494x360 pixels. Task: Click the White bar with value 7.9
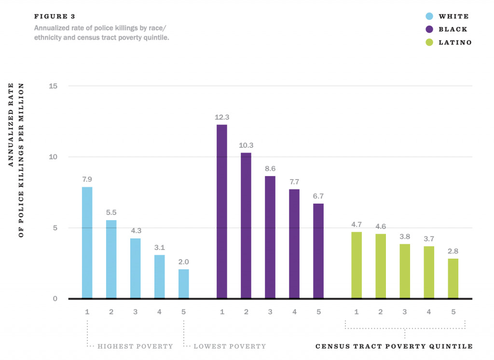click(x=87, y=242)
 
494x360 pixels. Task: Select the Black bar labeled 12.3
click(x=222, y=211)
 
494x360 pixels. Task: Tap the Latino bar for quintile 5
click(x=453, y=278)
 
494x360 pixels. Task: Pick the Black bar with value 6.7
click(x=318, y=251)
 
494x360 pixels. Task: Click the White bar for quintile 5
click(x=183, y=284)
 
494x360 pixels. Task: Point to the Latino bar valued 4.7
click(x=357, y=265)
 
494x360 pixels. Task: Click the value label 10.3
click(x=246, y=145)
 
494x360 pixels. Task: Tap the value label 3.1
click(x=159, y=247)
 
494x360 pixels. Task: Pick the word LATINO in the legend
click(x=455, y=42)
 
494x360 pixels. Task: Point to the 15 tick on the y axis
click(x=53, y=86)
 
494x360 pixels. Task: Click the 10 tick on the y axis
click(x=53, y=157)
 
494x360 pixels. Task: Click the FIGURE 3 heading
click(x=55, y=16)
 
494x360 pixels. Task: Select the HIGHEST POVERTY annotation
click(x=135, y=346)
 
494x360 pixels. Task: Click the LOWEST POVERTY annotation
click(x=230, y=346)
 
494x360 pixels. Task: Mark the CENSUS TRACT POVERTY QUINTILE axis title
click(x=394, y=346)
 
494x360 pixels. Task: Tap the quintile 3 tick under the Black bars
click(x=270, y=312)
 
